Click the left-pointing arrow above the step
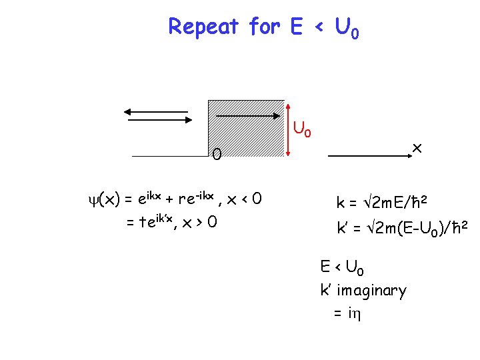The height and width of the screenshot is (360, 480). [x=156, y=111]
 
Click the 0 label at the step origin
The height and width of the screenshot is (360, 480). [x=217, y=156]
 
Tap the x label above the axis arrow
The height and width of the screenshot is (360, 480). [x=418, y=145]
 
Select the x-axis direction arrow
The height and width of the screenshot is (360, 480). [x=368, y=156]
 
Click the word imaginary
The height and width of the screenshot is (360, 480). [x=371, y=291]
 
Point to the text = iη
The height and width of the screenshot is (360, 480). [x=347, y=313]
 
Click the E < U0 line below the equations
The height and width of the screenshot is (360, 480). [x=342, y=268]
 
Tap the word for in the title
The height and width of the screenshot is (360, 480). [x=265, y=27]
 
